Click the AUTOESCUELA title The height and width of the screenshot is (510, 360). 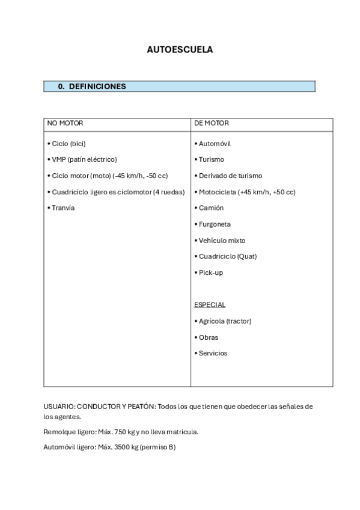coord(180,50)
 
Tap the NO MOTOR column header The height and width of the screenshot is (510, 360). coord(65,123)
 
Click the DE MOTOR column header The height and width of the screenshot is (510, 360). coord(211,123)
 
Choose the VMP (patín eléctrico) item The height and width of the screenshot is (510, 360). coord(81,159)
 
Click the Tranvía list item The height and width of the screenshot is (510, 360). coord(61,208)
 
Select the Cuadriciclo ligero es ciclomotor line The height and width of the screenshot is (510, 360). coord(115,192)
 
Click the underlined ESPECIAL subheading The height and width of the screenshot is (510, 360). coord(210,305)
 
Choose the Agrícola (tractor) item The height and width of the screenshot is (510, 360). coord(222,321)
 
